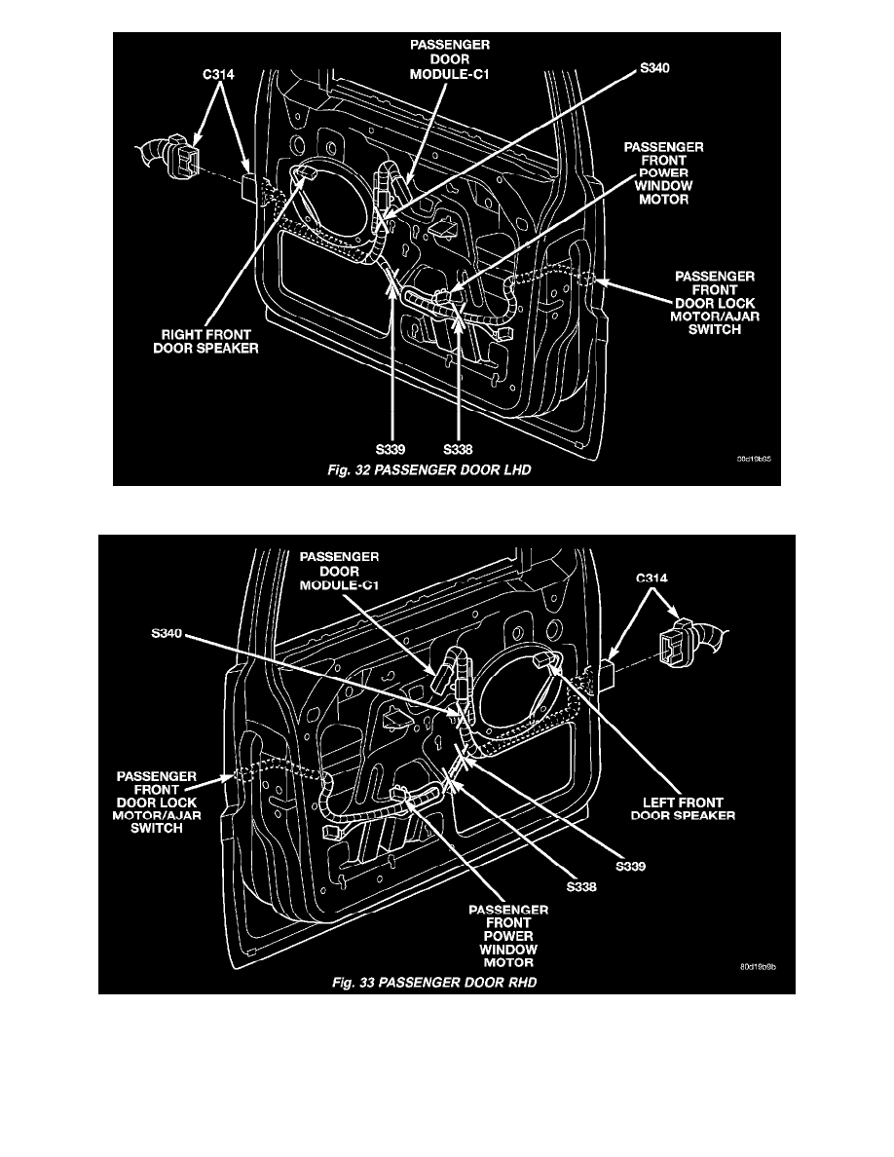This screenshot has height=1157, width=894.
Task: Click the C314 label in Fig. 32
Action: [x=204, y=71]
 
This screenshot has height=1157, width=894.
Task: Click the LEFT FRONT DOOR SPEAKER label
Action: [x=687, y=807]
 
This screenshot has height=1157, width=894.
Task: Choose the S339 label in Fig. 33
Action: [x=631, y=864]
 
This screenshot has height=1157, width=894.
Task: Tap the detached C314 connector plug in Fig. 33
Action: [x=698, y=644]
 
